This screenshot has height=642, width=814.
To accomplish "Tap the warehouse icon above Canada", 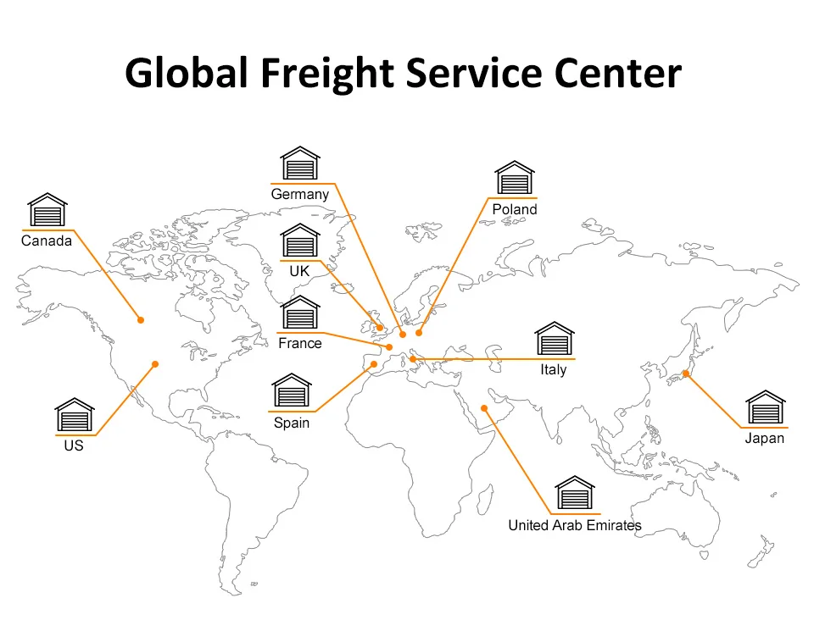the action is pyautogui.click(x=47, y=211).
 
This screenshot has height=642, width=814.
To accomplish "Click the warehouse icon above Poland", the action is pyautogui.click(x=515, y=180).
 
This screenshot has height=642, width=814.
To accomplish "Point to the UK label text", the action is pyautogui.click(x=299, y=272).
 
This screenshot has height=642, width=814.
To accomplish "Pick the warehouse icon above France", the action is pyautogui.click(x=300, y=314).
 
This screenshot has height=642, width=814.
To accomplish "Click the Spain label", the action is pyautogui.click(x=292, y=423).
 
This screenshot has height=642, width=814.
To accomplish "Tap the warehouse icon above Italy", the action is pyautogui.click(x=554, y=340).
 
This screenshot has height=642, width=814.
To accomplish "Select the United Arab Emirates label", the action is pyautogui.click(x=574, y=525).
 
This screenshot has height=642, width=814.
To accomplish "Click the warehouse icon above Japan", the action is pyautogui.click(x=765, y=408).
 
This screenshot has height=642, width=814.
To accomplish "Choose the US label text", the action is pyautogui.click(x=74, y=445).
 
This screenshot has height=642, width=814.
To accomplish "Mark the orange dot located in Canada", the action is pyautogui.click(x=142, y=319).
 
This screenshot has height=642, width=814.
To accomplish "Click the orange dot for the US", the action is pyautogui.click(x=155, y=364).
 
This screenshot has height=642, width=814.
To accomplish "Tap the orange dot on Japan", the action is pyautogui.click(x=685, y=374).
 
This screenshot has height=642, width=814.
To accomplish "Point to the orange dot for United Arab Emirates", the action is pyautogui.click(x=485, y=408).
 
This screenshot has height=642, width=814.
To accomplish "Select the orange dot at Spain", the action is pyautogui.click(x=374, y=364).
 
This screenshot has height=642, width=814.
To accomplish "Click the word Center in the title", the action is pyautogui.click(x=616, y=75).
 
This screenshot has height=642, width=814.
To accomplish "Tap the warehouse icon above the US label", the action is pyautogui.click(x=75, y=415).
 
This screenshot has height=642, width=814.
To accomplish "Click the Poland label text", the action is pyautogui.click(x=514, y=209).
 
